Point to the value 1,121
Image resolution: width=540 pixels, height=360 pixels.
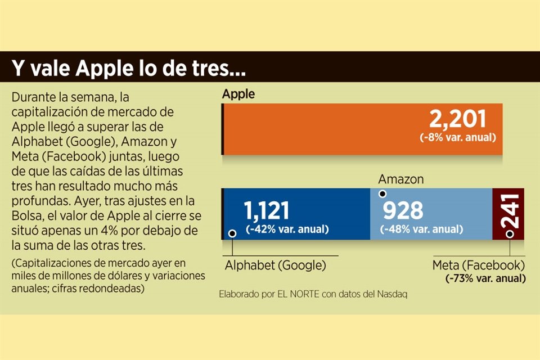click(267, 210)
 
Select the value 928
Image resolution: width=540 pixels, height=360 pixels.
click(403, 210)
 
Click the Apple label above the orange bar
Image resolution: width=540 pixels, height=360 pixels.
click(238, 94)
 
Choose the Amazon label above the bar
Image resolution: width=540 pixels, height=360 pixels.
click(401, 179)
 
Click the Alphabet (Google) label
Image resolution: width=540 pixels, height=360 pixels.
click(275, 265)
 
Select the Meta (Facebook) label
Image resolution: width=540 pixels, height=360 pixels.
click(479, 265)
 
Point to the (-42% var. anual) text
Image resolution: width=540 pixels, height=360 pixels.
click(287, 229)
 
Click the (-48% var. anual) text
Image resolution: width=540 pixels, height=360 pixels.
click(421, 229)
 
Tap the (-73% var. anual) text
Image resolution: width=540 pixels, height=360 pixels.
click(485, 278)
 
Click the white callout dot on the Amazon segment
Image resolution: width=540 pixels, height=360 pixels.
click(382, 194)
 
